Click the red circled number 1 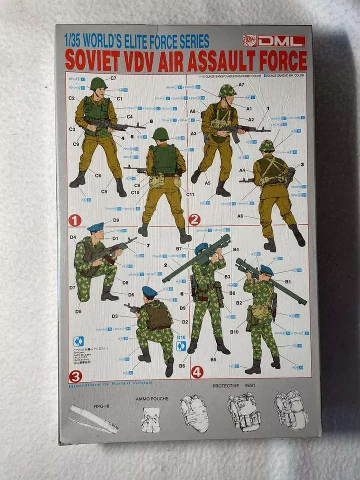75,219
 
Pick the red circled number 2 194,219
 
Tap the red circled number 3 75,375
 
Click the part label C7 113,78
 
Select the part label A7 241,85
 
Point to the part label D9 115,220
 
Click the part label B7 178,248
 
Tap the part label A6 240,216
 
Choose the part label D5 78,311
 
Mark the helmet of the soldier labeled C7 99,83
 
